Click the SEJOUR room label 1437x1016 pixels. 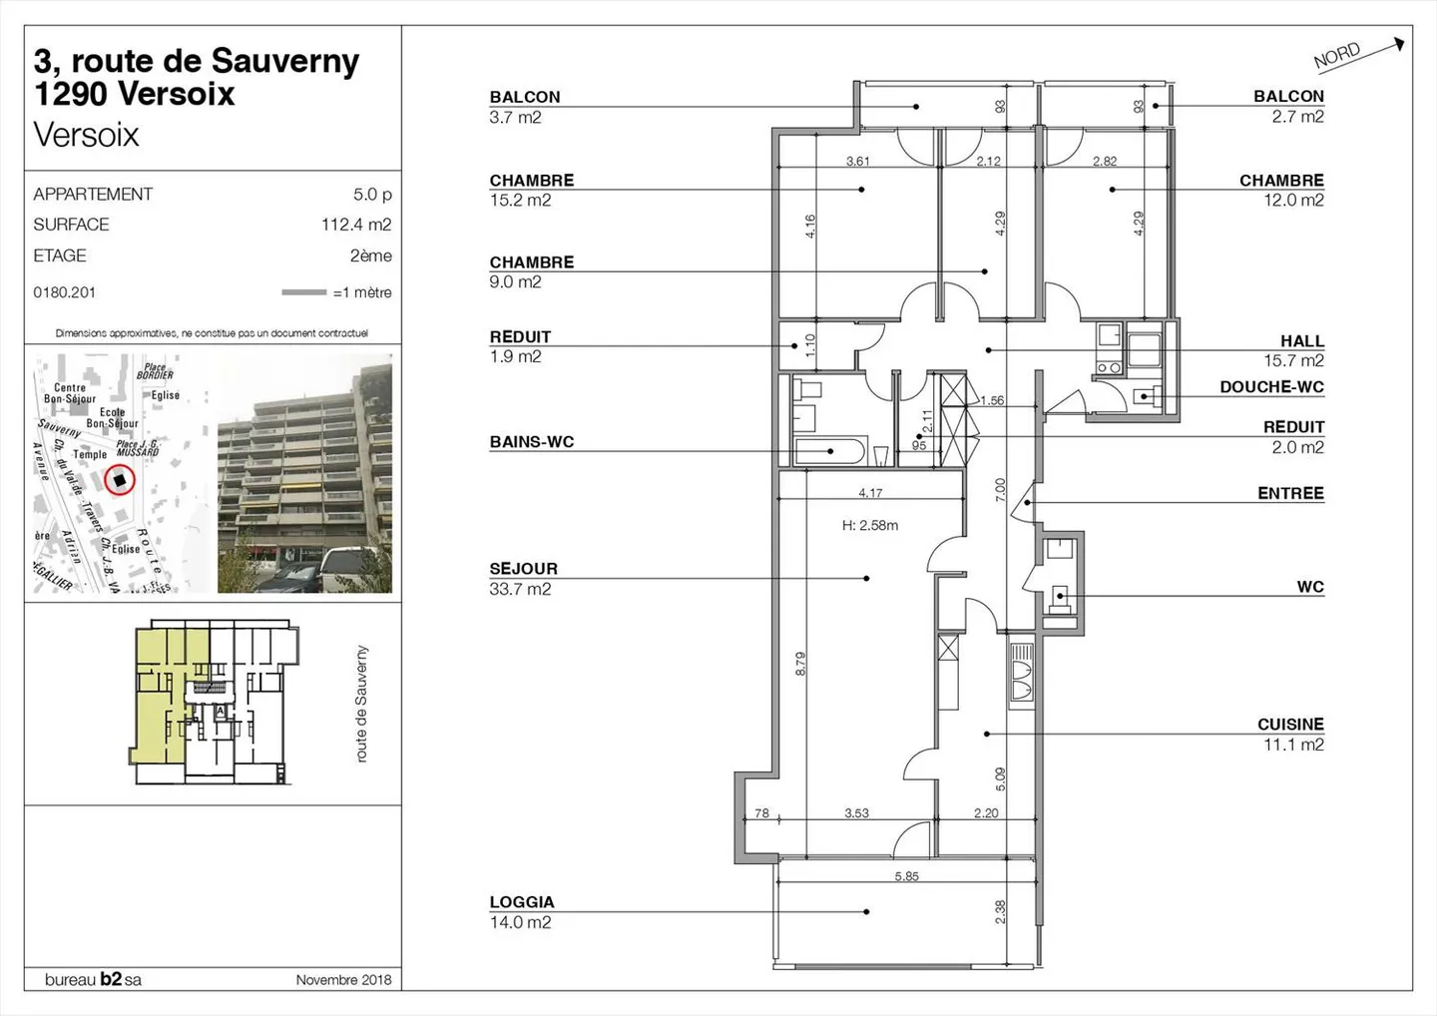tap(523, 569)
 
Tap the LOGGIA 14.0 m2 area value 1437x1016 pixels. tap(520, 922)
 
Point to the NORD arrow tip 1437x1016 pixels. tap(1401, 43)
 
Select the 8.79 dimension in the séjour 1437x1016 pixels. tap(800, 664)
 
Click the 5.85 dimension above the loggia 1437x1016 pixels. tap(906, 876)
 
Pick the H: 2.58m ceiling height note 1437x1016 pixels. tap(869, 525)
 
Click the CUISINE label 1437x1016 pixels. tap(1290, 725)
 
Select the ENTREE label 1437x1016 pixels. tap(1290, 493)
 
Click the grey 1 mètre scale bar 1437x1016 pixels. tap(303, 292)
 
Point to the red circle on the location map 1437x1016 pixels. tap(120, 480)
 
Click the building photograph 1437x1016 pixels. tap(304, 474)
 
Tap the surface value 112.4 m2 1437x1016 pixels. tap(356, 225)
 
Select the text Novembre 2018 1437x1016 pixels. tap(343, 980)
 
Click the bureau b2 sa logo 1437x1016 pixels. tap(93, 980)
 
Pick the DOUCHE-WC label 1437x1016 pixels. tap(1271, 387)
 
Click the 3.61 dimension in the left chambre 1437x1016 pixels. tap(857, 161)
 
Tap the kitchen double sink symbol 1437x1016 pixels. tap(1021, 690)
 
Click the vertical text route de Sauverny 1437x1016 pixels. tap(361, 704)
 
